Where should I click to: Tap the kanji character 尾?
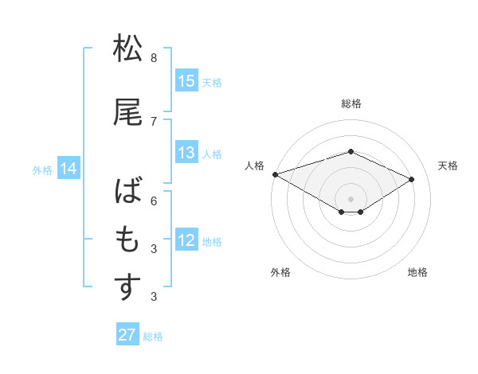[x=128, y=113]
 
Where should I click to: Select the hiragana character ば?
[x=128, y=193]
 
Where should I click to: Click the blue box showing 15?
[x=186, y=81]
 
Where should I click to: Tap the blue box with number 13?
[x=186, y=154]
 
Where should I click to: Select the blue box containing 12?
[x=186, y=241]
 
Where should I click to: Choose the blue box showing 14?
[x=69, y=169]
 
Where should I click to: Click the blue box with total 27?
[x=127, y=335]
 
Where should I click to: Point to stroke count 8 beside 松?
[x=154, y=58]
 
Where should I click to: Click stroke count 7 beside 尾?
[x=154, y=122]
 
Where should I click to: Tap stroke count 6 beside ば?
[x=154, y=202]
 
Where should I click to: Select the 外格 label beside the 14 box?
[x=42, y=169]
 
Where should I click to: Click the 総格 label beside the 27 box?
[x=153, y=337]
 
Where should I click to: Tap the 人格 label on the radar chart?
[x=254, y=166]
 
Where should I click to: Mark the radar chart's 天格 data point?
[x=412, y=179]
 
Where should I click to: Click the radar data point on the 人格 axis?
[x=275, y=174]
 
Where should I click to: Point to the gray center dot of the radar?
[x=351, y=198]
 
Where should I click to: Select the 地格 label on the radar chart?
[x=417, y=272]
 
